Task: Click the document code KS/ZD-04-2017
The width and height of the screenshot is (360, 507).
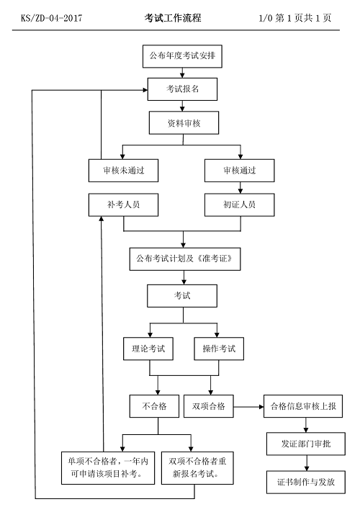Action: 52,18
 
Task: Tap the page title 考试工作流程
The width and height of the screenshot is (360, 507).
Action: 173,18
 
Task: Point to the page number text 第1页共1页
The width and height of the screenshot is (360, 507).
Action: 303,18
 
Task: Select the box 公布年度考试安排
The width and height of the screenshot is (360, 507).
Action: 182,56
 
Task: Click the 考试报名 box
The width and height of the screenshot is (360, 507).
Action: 182,89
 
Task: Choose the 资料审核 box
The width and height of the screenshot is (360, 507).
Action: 184,123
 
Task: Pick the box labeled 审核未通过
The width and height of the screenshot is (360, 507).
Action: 123,171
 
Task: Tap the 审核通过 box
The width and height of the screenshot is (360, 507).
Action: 240,171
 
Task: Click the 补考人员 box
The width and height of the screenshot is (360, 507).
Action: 123,205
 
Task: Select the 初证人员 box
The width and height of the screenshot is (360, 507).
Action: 240,205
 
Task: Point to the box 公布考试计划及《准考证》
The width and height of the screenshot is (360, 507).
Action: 185,259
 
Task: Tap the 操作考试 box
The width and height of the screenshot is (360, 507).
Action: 219,349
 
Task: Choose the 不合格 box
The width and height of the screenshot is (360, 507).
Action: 154,406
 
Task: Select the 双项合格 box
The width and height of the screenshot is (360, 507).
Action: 208,406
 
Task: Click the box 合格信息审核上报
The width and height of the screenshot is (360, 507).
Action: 303,406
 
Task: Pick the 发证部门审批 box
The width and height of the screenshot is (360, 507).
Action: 306,444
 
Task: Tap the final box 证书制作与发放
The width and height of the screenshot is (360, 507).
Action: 306,482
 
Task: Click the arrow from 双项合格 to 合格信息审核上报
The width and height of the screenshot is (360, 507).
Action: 248,406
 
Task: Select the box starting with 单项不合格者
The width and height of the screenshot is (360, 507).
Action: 108,468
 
